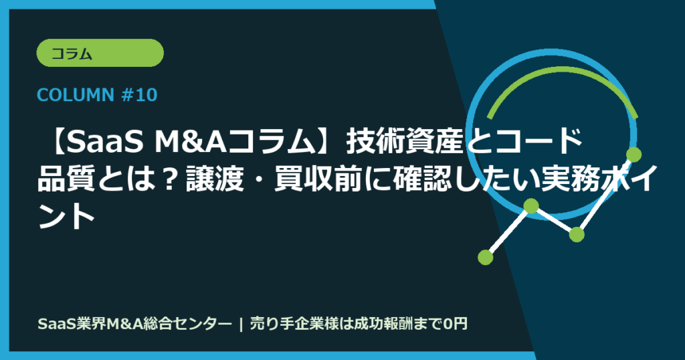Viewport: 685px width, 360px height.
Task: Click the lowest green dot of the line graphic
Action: (x=486, y=256)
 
